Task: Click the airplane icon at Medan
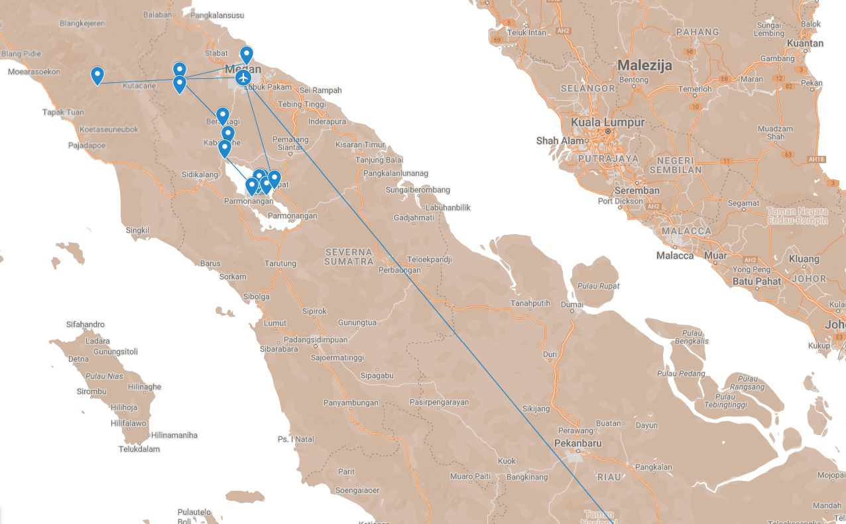(243, 78)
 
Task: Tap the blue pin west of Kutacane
(97, 76)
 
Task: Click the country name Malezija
(644, 65)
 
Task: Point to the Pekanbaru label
(578, 442)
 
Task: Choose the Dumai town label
(572, 304)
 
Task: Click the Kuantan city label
(804, 44)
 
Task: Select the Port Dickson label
(620, 201)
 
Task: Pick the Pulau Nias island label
(105, 376)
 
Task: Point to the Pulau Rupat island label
(598, 286)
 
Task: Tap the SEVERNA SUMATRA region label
(349, 257)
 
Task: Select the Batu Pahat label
(755, 281)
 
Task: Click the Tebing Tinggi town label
(302, 105)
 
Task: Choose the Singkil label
(138, 230)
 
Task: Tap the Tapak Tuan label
(63, 112)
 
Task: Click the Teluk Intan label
(527, 33)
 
